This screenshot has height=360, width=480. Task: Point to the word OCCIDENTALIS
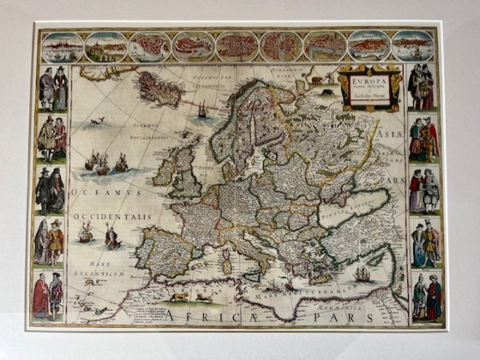tap(111, 217)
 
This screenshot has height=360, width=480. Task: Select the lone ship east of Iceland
tap(202, 110)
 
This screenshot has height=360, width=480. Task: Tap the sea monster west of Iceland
tap(96, 122)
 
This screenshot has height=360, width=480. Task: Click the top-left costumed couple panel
tap(53, 87)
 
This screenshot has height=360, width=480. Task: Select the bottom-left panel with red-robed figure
tap(48, 296)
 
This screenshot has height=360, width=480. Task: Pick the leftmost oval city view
tap(62, 46)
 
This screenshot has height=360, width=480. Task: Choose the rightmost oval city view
tap(413, 46)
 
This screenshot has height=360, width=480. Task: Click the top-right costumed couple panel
tap(421, 87)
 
